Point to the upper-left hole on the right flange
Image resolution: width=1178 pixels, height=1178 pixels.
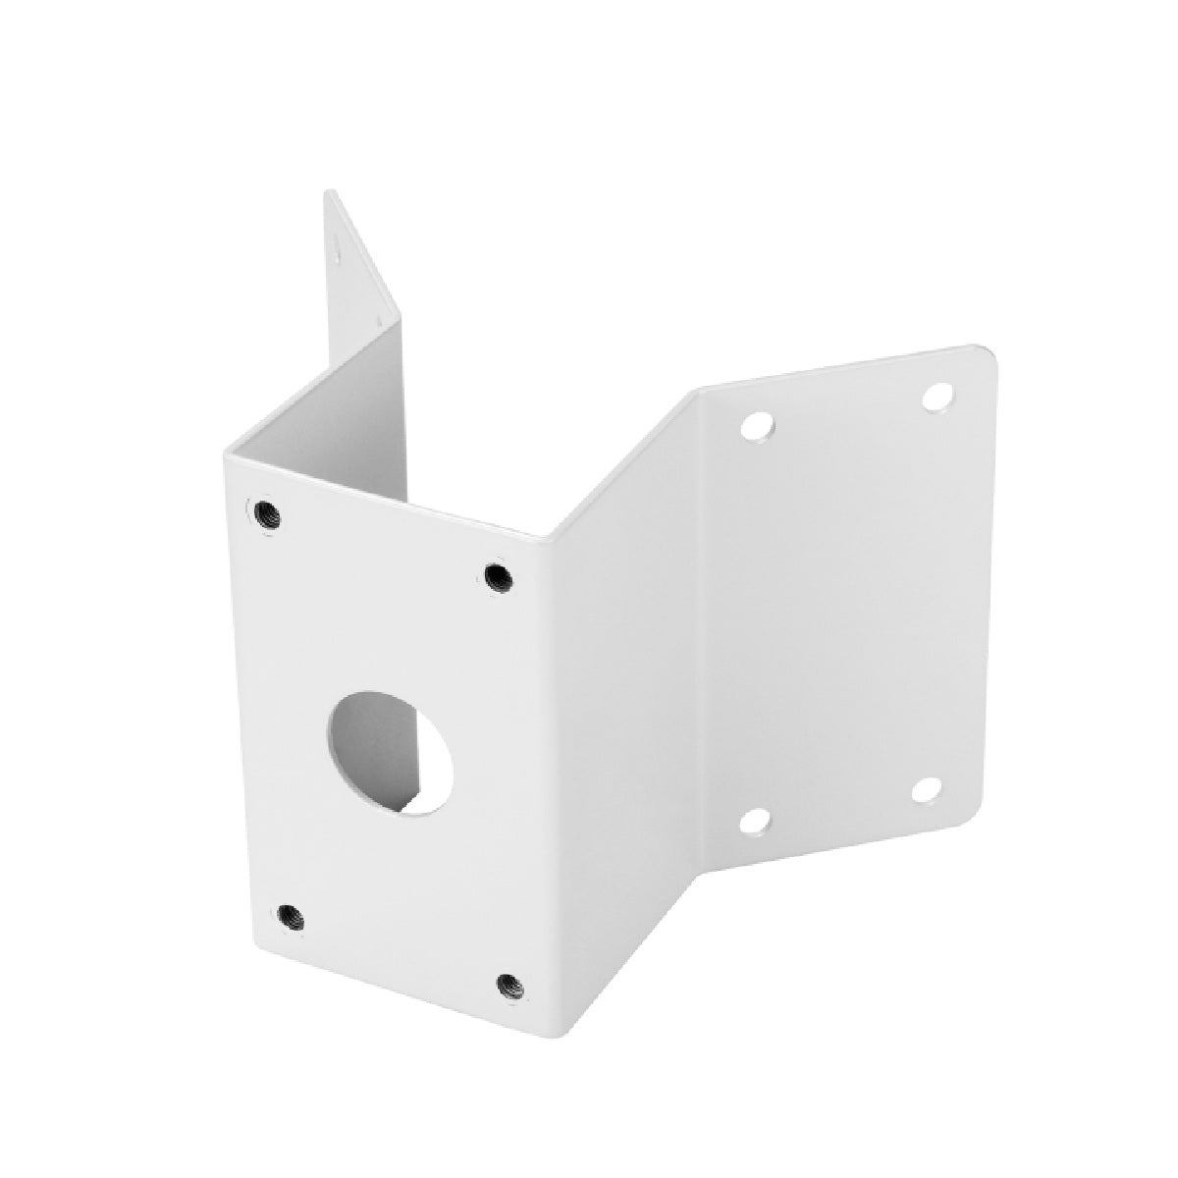(757, 427)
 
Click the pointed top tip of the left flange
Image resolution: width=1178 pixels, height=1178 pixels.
(328, 192)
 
